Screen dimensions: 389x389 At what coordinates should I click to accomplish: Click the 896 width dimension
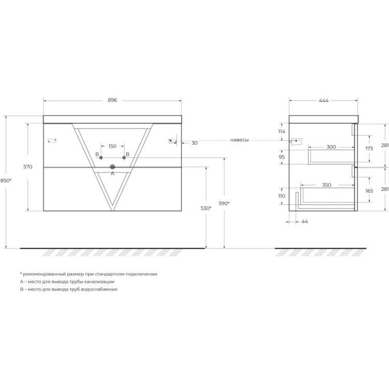click(113, 100)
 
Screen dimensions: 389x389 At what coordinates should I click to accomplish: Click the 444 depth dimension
click(324, 100)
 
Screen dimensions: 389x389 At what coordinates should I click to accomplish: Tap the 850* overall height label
click(6, 180)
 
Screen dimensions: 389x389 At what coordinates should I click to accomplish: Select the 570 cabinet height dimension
click(28, 166)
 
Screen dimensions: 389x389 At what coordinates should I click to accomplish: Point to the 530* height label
click(206, 208)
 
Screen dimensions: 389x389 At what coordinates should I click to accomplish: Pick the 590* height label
click(224, 203)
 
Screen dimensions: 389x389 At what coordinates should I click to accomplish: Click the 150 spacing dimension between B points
click(113, 146)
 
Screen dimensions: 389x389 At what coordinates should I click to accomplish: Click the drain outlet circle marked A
click(113, 167)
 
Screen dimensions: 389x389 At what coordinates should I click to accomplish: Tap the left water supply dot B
click(101, 158)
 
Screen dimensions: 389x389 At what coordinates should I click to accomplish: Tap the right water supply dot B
click(124, 158)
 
